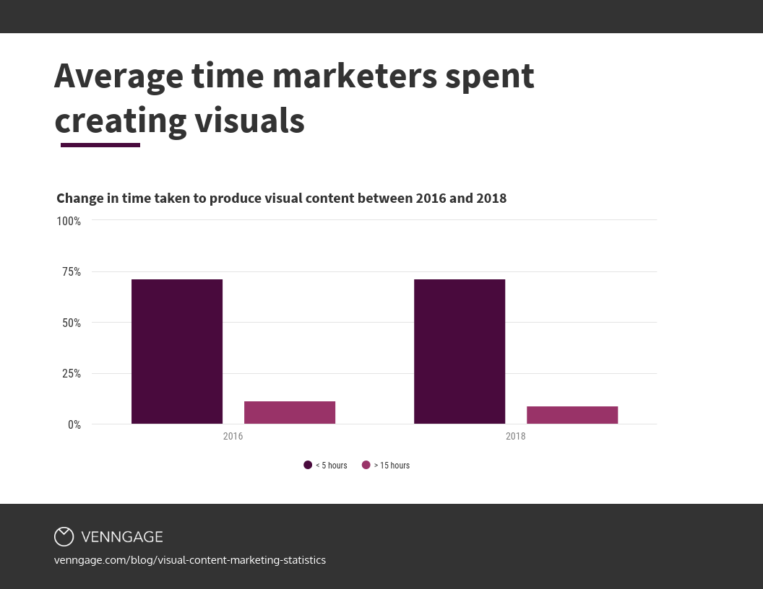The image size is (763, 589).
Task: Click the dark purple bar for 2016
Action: click(177, 352)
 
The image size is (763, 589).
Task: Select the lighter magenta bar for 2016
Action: click(290, 412)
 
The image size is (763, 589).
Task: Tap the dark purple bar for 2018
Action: click(460, 352)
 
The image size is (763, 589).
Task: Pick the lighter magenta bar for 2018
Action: click(572, 415)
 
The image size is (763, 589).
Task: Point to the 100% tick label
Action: click(69, 221)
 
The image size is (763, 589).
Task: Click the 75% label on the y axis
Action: click(71, 272)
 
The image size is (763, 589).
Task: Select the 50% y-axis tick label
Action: click(71, 323)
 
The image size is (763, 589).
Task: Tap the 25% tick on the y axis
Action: click(71, 374)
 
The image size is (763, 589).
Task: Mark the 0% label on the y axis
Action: click(74, 424)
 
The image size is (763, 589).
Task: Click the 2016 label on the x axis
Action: click(233, 437)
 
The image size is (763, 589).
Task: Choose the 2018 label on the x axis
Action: click(515, 437)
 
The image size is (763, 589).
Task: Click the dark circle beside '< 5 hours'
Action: click(308, 466)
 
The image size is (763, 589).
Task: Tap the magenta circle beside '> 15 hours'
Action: click(366, 466)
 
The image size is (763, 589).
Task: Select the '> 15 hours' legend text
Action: click(391, 466)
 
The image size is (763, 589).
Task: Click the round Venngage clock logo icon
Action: click(64, 536)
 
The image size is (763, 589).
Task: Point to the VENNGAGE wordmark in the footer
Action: click(122, 537)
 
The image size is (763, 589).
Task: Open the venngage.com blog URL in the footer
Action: click(190, 560)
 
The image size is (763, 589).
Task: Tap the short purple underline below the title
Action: click(100, 145)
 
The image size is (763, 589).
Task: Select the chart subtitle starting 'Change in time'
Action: click(282, 198)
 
